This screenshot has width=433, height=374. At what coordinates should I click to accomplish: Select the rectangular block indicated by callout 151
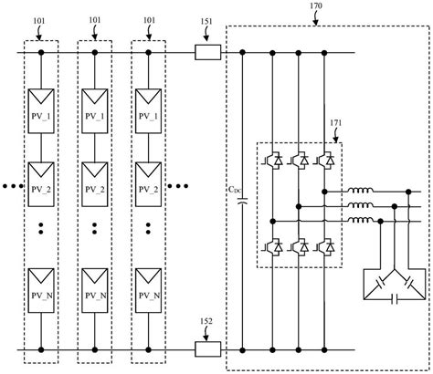pyautogui.click(x=206, y=54)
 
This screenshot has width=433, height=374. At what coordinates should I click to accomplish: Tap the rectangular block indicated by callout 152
pyautogui.click(x=206, y=349)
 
